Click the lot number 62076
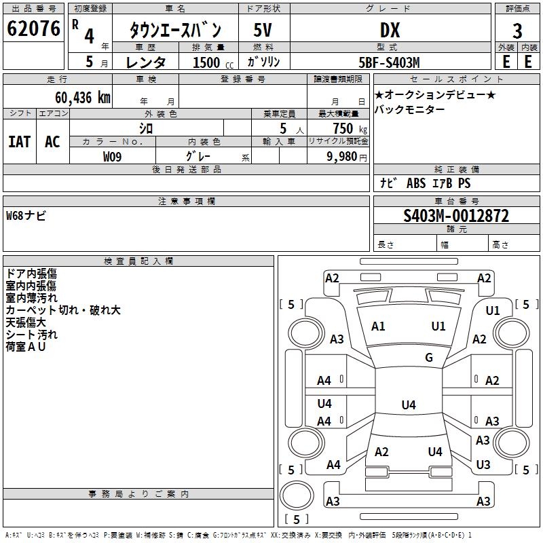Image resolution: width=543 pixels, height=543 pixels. click(x=33, y=30)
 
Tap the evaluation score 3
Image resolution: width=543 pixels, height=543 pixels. click(x=517, y=31)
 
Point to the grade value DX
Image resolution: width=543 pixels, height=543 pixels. click(x=390, y=31)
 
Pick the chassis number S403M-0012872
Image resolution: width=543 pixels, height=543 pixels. click(x=456, y=216)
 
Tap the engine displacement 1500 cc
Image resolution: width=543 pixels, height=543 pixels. click(x=208, y=62)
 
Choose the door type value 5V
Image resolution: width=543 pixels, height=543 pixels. click(x=263, y=31)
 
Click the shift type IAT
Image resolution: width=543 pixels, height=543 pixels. click(x=19, y=142)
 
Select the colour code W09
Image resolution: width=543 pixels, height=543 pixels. click(x=113, y=157)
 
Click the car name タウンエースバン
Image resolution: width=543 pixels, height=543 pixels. click(x=176, y=31)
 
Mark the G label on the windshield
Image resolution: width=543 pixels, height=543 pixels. click(x=429, y=358)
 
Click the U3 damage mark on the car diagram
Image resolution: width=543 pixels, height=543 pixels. click(x=483, y=465)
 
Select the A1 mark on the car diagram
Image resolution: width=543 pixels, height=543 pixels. click(x=378, y=326)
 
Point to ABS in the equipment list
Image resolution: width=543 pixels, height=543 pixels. click(x=416, y=183)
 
